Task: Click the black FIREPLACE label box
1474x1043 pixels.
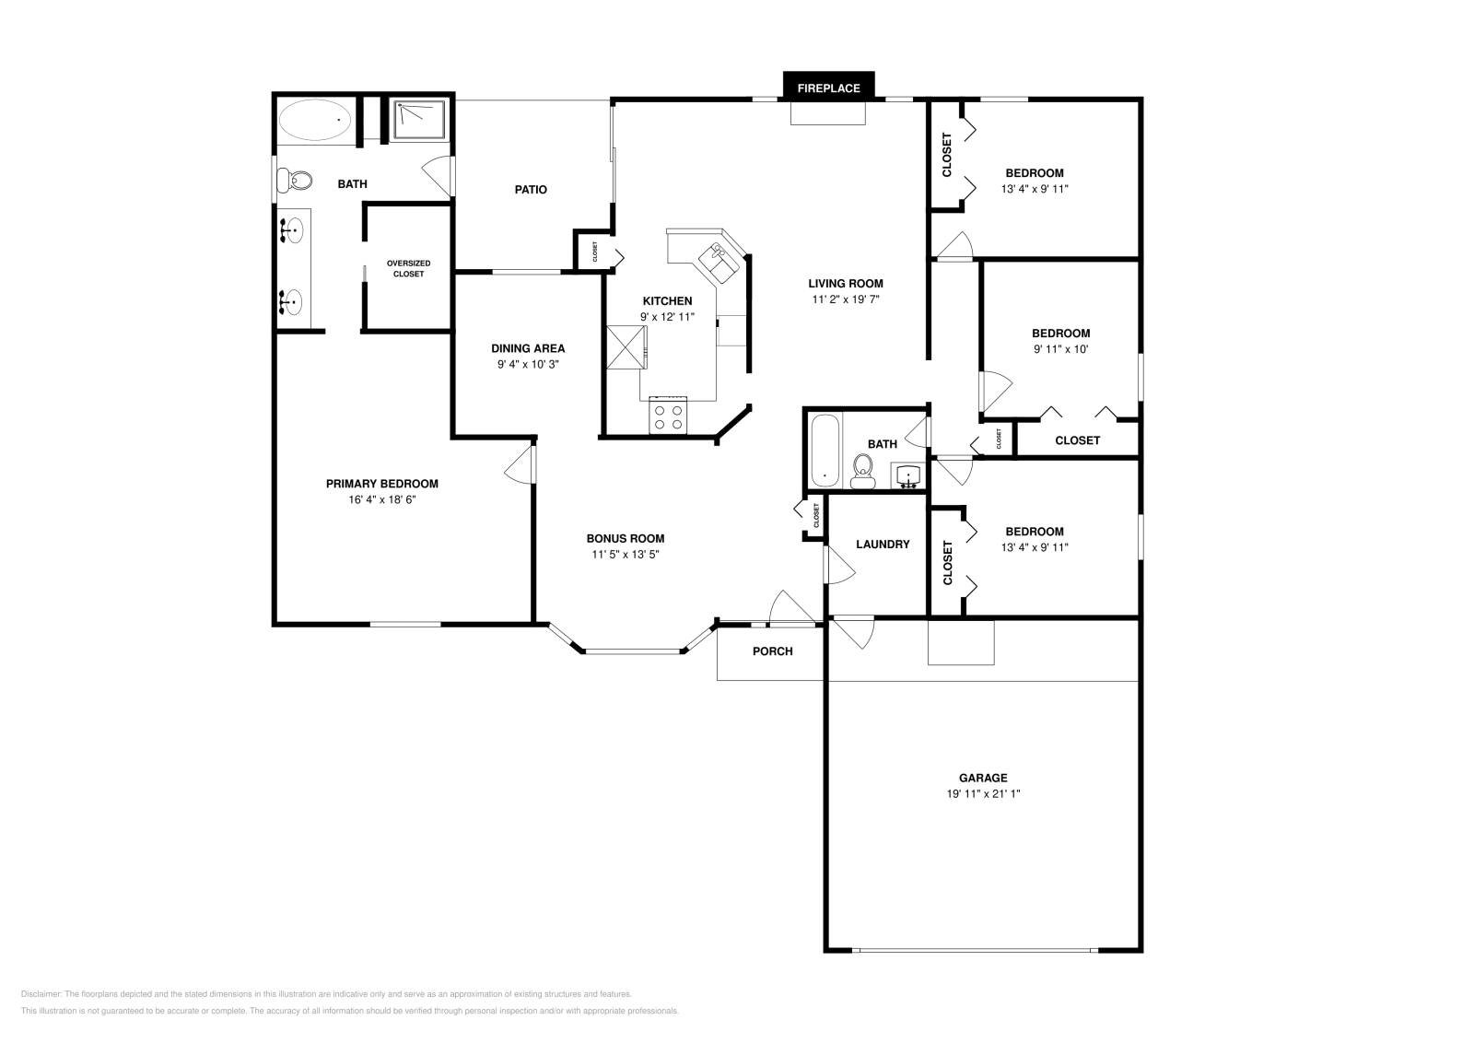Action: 828,88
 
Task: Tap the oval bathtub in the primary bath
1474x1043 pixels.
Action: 316,120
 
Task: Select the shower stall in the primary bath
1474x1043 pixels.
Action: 420,120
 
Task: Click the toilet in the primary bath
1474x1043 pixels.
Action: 296,180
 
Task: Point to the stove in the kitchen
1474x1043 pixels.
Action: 668,415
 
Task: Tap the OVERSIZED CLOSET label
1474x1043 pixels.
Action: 408,268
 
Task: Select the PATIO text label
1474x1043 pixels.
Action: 531,190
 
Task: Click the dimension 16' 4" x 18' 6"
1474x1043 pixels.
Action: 381,499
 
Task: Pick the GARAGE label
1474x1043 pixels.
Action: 983,778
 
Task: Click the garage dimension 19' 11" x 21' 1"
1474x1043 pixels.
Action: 983,793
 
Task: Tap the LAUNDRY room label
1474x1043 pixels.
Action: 883,545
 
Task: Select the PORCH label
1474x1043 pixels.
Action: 772,651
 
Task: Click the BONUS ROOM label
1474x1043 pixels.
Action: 626,539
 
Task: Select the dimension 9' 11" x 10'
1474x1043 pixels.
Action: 1061,349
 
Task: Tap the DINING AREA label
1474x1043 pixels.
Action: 528,348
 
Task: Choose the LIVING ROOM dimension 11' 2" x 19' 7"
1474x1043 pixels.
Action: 846,299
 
